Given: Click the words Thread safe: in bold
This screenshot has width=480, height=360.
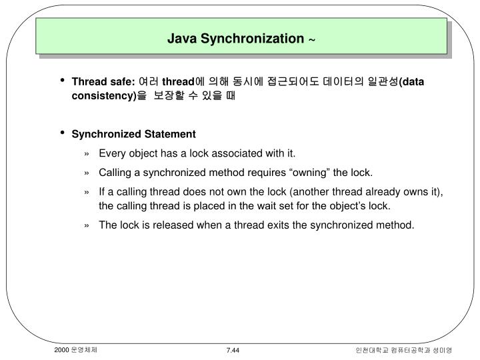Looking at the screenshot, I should coord(103,82).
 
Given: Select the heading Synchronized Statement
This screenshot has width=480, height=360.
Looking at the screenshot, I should coord(133,134).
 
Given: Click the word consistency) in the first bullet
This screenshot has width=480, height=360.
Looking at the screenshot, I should coord(103,95).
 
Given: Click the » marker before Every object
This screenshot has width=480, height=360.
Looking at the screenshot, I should coord(87,153).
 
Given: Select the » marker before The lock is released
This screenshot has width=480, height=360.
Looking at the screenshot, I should coord(87,225).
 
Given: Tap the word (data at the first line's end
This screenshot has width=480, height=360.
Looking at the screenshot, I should coord(410,82).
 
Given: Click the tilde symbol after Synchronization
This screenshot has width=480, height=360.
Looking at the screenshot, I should coord(311,39).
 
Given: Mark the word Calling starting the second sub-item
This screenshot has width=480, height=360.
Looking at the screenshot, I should coord(115,173).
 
